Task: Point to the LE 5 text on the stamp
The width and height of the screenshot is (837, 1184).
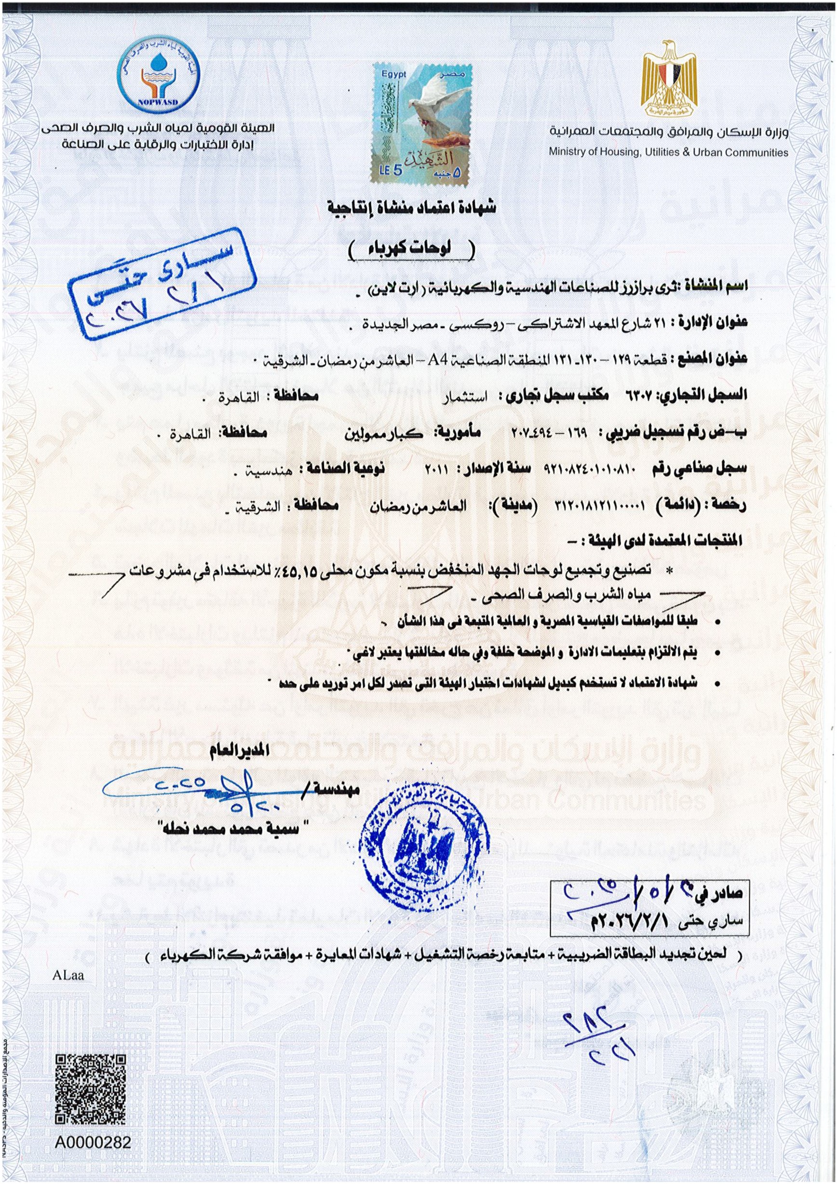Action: click(391, 171)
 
